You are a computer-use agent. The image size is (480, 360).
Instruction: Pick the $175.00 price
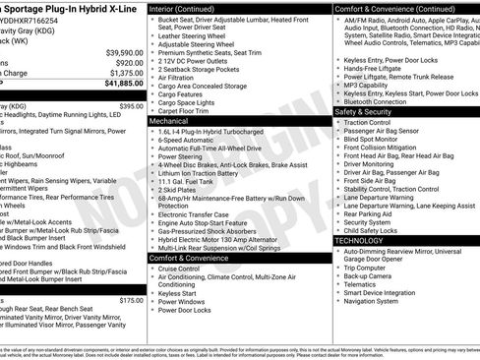coord(131,300)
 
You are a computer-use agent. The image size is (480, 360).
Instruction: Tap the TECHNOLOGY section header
coord(359,240)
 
